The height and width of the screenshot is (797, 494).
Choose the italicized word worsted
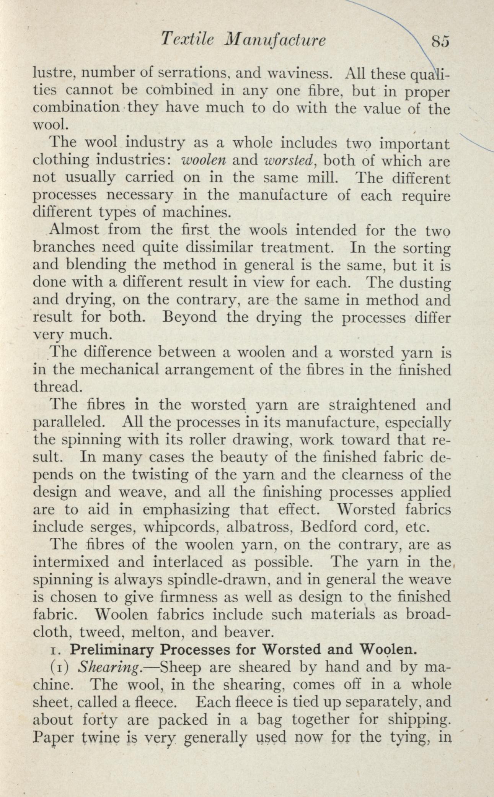click(289, 161)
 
